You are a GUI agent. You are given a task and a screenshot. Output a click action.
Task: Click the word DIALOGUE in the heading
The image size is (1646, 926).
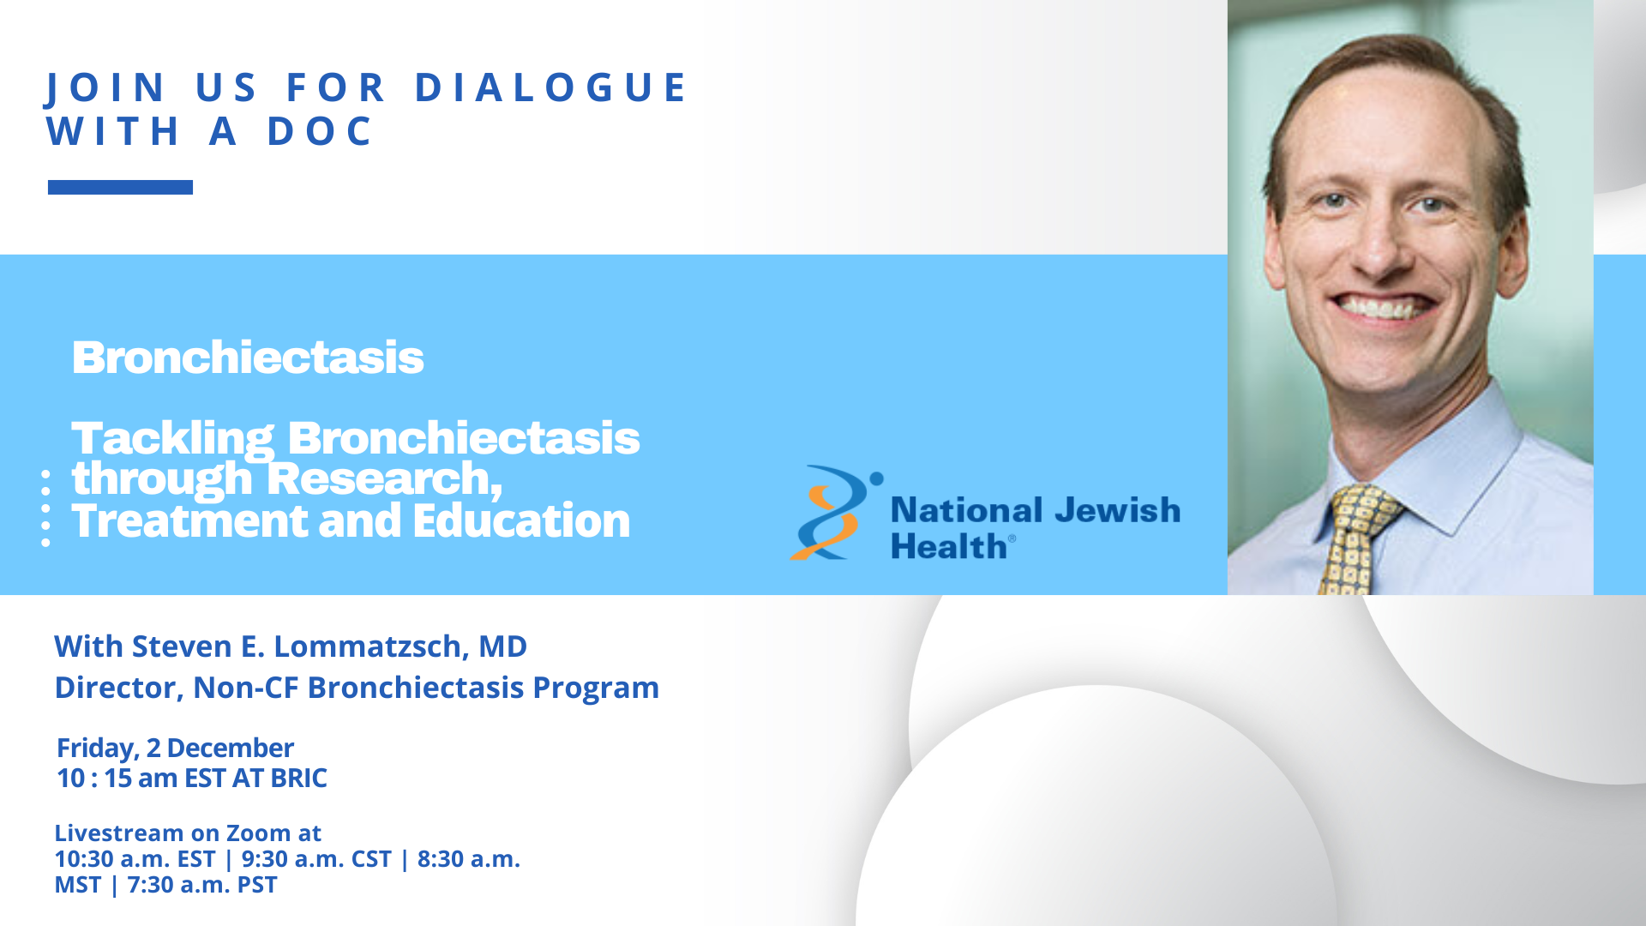point(551,87)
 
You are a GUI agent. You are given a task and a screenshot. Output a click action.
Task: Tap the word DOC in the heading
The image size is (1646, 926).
point(321,131)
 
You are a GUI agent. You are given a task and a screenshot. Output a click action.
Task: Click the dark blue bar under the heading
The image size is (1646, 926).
point(120,187)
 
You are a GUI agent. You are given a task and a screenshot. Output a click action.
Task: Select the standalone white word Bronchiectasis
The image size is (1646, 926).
point(248,358)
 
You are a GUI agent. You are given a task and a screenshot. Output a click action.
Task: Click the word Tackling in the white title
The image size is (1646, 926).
point(173,438)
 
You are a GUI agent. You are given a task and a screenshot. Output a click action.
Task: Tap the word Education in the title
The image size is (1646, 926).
point(521,520)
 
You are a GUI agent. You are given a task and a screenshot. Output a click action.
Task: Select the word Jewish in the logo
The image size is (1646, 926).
point(1117,510)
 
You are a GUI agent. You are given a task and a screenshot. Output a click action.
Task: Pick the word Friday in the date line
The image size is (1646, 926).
point(97,749)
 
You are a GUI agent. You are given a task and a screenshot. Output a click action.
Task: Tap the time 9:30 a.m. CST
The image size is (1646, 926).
point(316,858)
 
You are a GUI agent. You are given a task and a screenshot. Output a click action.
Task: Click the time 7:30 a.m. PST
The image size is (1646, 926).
point(202,884)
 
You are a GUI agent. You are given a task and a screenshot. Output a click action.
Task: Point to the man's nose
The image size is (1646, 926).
point(1378,244)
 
